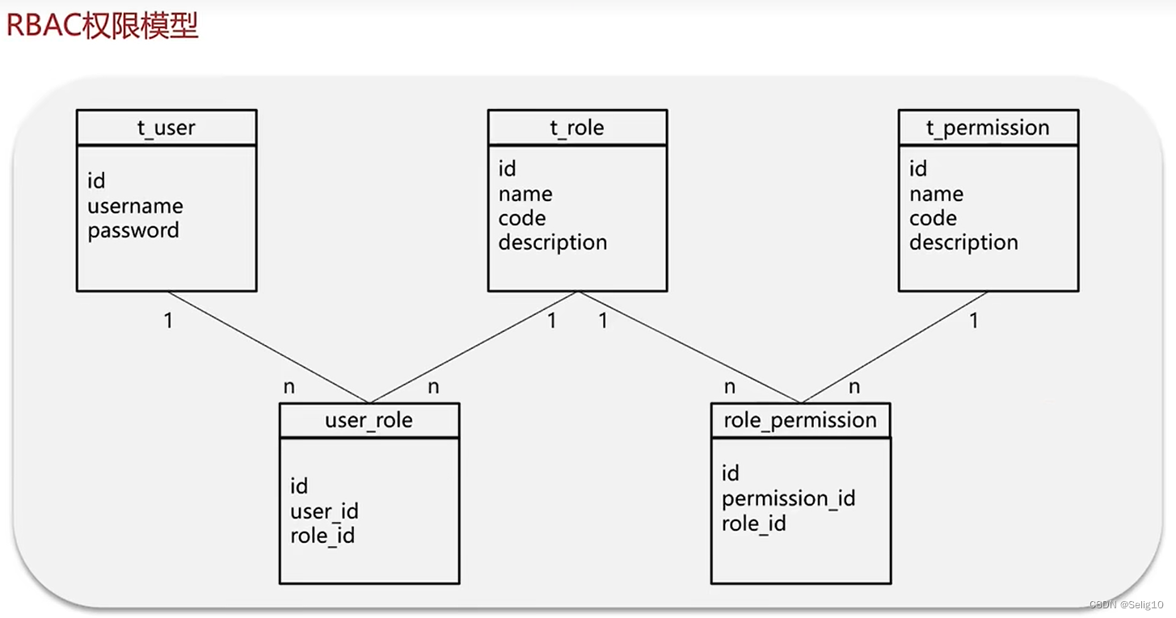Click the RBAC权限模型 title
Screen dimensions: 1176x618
[x=103, y=25]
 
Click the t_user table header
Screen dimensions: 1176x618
[x=166, y=128]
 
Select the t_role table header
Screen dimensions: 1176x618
[x=578, y=128]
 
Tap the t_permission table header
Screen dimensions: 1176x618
[x=988, y=128]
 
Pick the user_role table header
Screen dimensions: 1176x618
[x=369, y=420]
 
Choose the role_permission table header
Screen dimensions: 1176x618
[x=801, y=420]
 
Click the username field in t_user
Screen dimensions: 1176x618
[x=136, y=206]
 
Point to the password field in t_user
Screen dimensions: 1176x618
[x=133, y=231]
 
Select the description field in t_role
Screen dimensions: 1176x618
[x=553, y=242]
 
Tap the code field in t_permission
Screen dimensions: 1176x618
[x=933, y=218]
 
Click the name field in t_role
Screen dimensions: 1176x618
[x=525, y=194]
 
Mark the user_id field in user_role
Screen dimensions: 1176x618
[x=324, y=511]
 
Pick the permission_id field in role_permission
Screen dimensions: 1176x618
[x=789, y=498]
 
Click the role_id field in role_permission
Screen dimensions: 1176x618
[x=754, y=523]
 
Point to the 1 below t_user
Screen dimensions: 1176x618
[x=168, y=320]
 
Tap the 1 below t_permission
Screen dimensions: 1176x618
[x=974, y=320]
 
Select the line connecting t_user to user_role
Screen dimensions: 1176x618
[x=268, y=347]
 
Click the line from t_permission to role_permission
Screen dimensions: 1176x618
[x=894, y=347]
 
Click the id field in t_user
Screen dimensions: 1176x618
[x=96, y=180]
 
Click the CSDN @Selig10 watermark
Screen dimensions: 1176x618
[x=1126, y=604]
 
